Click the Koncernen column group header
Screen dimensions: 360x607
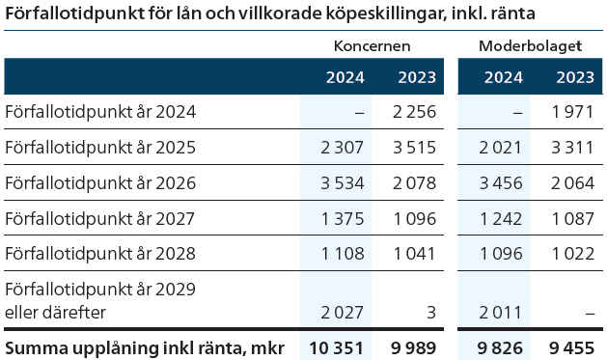click(x=372, y=45)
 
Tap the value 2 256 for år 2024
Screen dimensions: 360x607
click(x=415, y=111)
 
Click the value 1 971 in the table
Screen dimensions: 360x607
click(x=573, y=111)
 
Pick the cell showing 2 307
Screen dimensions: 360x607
click(x=342, y=148)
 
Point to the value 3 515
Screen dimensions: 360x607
click(x=415, y=148)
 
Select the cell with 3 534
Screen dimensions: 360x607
click(x=342, y=182)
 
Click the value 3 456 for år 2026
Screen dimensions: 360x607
click(x=500, y=182)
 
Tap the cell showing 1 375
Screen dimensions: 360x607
click(x=342, y=218)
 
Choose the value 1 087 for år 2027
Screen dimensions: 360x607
click(x=573, y=218)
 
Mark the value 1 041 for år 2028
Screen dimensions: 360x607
click(x=415, y=254)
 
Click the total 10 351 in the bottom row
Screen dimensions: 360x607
click(x=337, y=346)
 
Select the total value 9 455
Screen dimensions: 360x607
click(x=570, y=346)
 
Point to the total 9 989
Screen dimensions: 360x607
click(x=413, y=346)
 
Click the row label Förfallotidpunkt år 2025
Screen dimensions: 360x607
click(x=100, y=148)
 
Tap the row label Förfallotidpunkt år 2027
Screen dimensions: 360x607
click(x=100, y=218)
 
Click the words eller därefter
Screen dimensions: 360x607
click(x=56, y=312)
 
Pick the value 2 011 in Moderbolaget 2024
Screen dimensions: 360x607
click(x=500, y=312)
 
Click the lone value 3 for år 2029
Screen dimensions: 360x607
click(x=431, y=312)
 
